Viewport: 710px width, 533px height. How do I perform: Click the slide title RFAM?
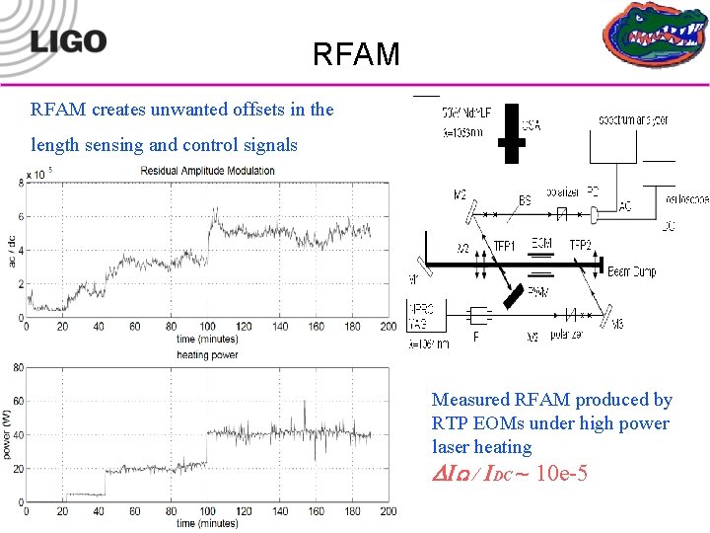tap(356, 53)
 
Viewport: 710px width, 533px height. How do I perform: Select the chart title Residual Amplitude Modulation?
tap(207, 171)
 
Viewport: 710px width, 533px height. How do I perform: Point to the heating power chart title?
tap(206, 354)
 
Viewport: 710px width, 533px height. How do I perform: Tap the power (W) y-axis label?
tap(9, 434)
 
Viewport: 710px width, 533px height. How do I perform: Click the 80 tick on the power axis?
tap(17, 368)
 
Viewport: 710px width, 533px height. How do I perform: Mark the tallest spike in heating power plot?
tap(305, 402)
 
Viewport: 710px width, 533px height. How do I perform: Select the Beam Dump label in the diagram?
tap(633, 270)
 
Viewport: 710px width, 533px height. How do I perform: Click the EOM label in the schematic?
tap(541, 243)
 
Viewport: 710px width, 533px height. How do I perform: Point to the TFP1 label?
tap(505, 245)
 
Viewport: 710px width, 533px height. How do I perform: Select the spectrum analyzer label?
tap(633, 119)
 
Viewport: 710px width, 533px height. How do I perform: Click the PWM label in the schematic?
tap(537, 290)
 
